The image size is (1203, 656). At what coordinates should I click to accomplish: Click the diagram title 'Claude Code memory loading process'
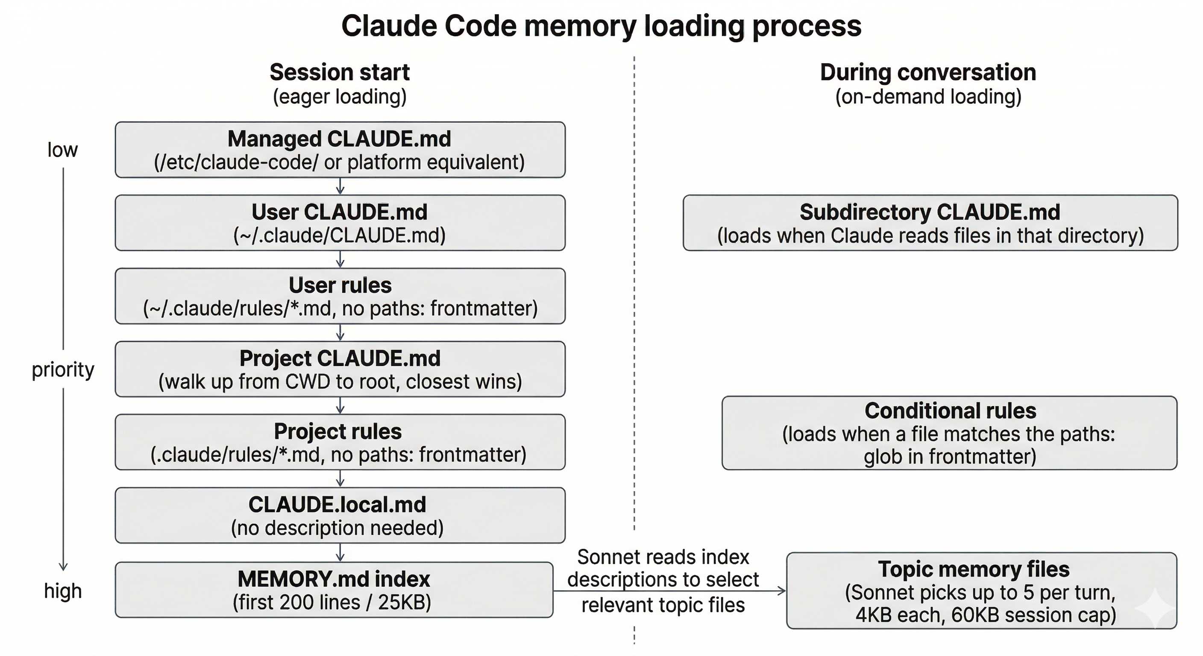(x=601, y=26)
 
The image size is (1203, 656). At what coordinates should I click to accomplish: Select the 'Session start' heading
(x=340, y=72)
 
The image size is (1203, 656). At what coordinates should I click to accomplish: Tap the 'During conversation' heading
(x=927, y=72)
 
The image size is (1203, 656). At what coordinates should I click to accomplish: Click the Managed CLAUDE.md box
(x=340, y=150)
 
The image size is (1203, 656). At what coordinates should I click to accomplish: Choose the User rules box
(x=340, y=296)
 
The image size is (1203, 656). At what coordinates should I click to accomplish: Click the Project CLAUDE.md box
(x=340, y=369)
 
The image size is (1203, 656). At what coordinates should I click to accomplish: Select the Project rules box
(x=340, y=442)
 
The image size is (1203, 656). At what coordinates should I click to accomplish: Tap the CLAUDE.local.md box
(x=340, y=515)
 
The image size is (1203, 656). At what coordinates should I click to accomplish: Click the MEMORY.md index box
(x=334, y=590)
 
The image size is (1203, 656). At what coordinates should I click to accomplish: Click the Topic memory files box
(x=981, y=591)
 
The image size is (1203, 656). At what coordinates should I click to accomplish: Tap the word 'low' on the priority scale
(x=62, y=150)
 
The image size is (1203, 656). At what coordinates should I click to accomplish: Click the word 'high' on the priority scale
(x=62, y=591)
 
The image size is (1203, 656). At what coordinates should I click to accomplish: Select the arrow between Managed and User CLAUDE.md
(x=340, y=186)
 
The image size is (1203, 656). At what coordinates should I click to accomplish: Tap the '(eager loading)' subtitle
(x=340, y=97)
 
